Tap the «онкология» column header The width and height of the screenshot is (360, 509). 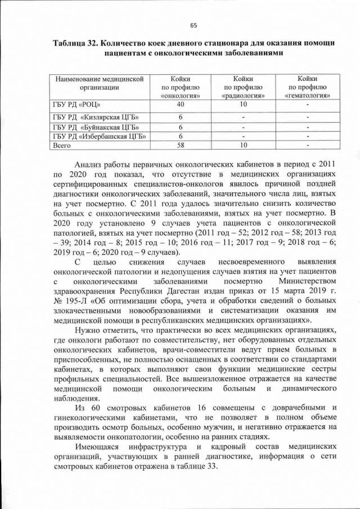pos(181,87)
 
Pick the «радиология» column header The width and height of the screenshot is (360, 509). pos(243,87)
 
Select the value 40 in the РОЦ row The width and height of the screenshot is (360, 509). pos(181,105)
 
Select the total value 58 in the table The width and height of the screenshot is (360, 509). pos(181,145)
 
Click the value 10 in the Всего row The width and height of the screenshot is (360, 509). pos(243,145)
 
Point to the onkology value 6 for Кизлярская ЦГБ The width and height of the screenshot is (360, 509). pos(181,117)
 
